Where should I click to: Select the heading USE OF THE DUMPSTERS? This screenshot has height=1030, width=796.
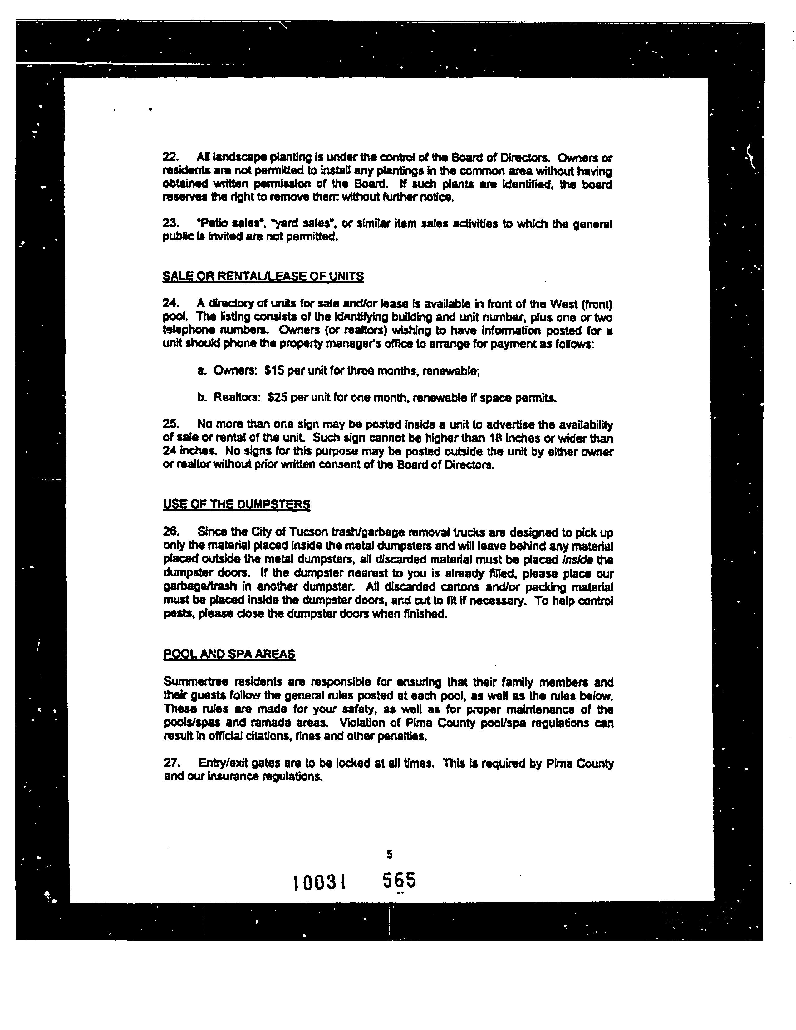(x=236, y=505)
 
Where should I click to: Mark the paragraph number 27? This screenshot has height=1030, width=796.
(x=171, y=763)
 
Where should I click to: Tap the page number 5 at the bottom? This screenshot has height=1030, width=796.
(x=389, y=854)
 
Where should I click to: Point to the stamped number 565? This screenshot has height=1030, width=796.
(x=399, y=880)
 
